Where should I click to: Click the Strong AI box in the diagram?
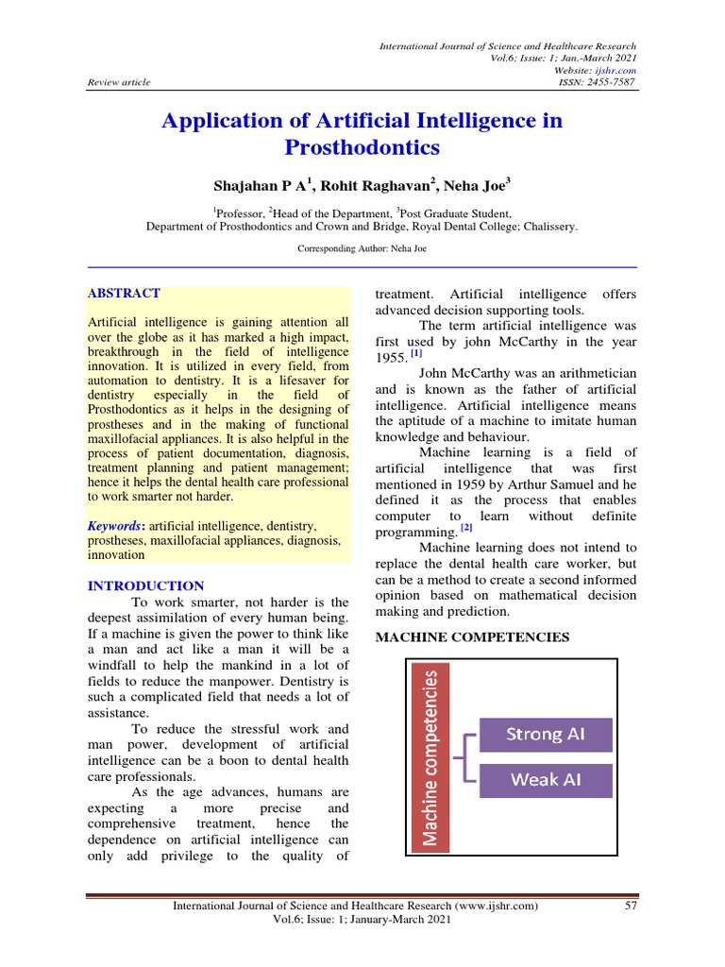[546, 735]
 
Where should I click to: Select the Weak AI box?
[546, 780]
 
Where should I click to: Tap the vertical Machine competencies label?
[430, 757]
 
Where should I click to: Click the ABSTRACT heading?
[124, 294]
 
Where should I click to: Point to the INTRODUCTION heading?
[145, 585]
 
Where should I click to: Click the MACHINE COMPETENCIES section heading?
[473, 637]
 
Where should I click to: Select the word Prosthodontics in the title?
[362, 148]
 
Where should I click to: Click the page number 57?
[632, 907]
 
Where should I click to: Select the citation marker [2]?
[466, 528]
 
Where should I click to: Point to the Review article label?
[118, 82]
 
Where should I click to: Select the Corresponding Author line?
[362, 248]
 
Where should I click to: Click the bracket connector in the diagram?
[465, 757]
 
